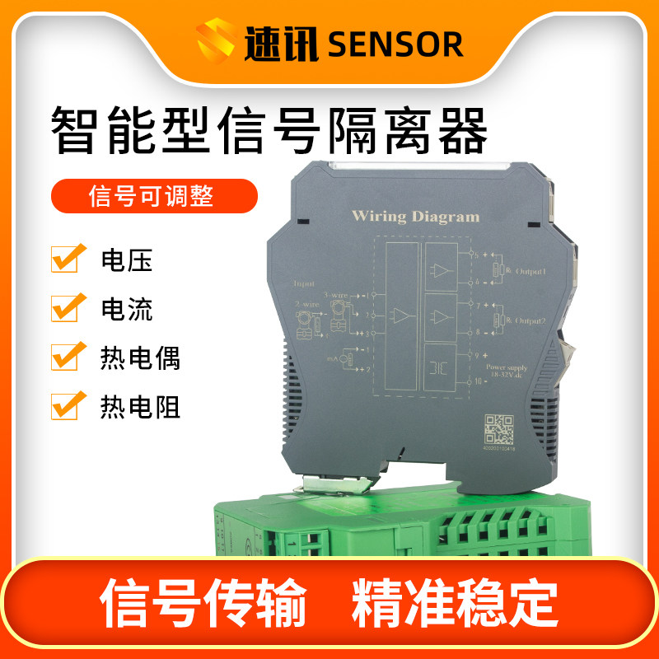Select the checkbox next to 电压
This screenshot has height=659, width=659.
point(68,258)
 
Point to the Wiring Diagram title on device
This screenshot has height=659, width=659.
point(415,217)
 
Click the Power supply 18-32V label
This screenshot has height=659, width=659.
point(510,370)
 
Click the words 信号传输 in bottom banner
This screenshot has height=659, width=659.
point(203,605)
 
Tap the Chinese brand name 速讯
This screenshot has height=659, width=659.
point(281,44)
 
